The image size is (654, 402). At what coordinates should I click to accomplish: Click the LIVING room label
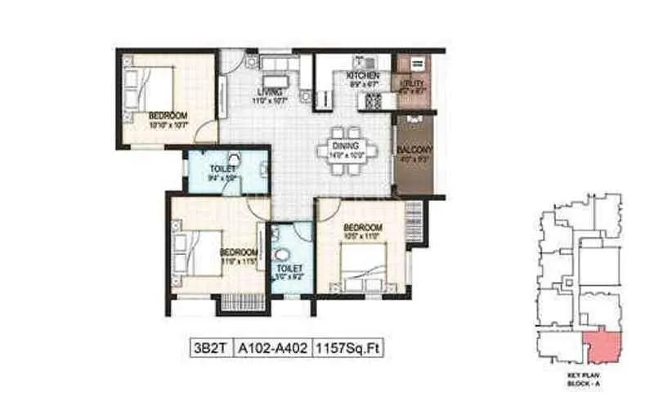tap(270, 92)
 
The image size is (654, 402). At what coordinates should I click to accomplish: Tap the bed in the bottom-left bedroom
tap(196, 252)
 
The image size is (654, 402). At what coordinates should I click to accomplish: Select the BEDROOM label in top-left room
tap(168, 115)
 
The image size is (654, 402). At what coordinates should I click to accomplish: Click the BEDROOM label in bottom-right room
tap(362, 226)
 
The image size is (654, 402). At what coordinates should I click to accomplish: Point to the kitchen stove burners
tap(372, 100)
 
